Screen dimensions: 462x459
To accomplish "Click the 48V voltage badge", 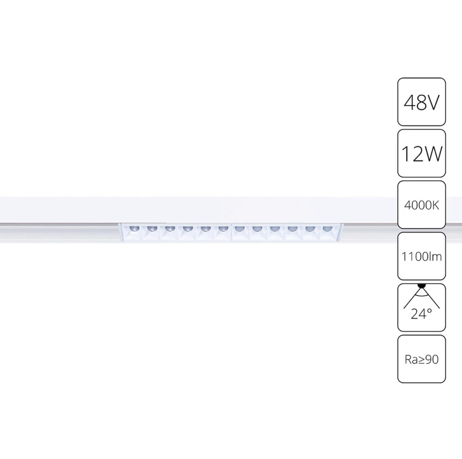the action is pyautogui.click(x=421, y=102).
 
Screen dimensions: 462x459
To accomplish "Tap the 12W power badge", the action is pyautogui.click(x=421, y=153).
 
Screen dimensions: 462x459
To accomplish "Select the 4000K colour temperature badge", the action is pyautogui.click(x=421, y=205).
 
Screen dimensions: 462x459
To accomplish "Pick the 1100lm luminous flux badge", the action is pyautogui.click(x=421, y=256).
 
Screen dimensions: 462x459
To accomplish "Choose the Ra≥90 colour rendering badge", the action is pyautogui.click(x=421, y=359).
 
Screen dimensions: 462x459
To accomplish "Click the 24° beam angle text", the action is pyautogui.click(x=421, y=314).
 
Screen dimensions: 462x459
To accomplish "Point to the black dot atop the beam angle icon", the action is pyautogui.click(x=422, y=285).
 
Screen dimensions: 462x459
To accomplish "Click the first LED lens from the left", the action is pyautogui.click(x=134, y=228).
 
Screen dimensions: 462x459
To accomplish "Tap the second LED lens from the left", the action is pyautogui.click(x=152, y=228).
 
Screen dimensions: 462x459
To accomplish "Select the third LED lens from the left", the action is pyautogui.click(x=169, y=228).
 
